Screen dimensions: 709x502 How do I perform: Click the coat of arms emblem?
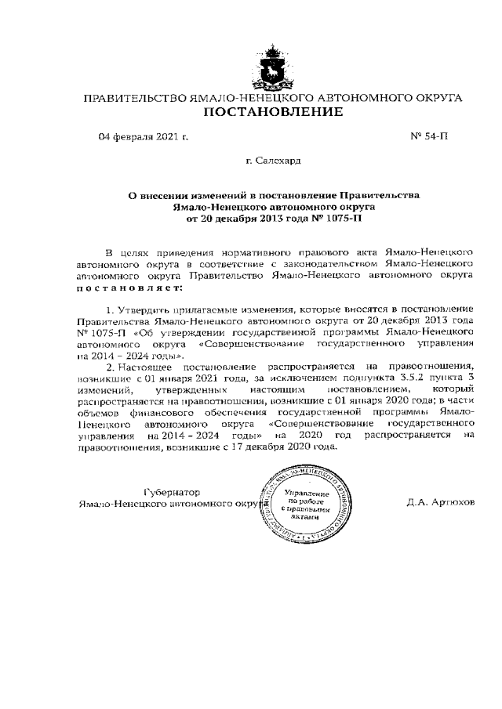[273, 65]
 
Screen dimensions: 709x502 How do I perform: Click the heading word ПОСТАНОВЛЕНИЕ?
[273, 113]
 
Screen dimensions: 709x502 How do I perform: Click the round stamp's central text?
[303, 505]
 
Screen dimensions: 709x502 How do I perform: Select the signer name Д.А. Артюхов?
[440, 503]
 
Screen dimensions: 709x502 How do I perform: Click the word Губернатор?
[174, 491]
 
